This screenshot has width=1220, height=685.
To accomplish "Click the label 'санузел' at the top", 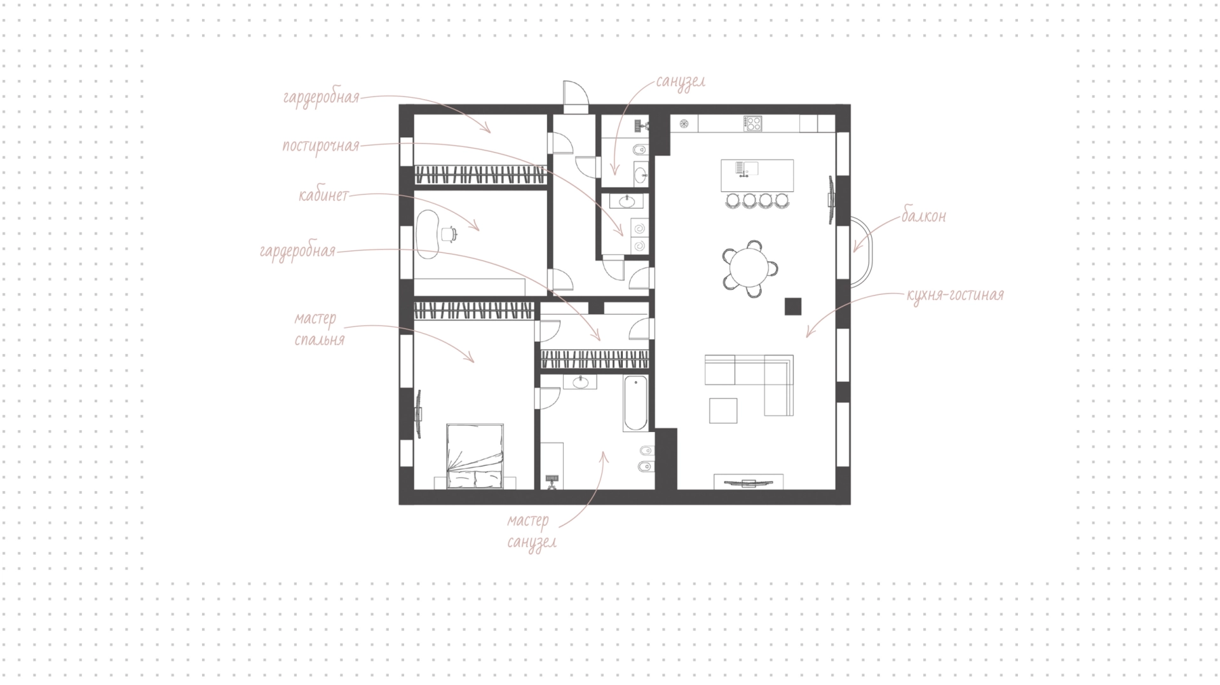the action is coord(681,83).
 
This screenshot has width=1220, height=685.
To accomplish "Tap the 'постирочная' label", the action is coord(321,146).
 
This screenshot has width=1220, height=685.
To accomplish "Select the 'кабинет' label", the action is coord(323,195).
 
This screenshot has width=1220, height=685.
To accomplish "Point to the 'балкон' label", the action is coord(923,216).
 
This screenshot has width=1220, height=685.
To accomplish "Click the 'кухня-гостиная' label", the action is coord(956,295).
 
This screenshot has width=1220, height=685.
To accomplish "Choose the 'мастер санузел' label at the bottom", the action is coord(529,532).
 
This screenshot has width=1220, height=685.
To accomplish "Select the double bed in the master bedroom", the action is coord(475,456).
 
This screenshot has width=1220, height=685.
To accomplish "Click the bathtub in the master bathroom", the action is coord(635,404).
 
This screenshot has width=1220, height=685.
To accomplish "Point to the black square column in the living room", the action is coord(792,306).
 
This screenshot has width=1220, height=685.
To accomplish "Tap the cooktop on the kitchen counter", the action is coord(753,123).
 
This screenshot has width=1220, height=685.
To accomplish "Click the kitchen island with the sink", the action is coord(757,175).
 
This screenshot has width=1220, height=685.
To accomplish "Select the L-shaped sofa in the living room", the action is coord(750,384).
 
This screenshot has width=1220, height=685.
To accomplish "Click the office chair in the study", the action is coord(449,234).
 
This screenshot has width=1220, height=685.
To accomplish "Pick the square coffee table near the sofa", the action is coord(724,410).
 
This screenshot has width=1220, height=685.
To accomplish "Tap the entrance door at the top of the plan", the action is coord(576,97).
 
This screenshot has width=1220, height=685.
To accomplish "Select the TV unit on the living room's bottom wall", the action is coord(749,482).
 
